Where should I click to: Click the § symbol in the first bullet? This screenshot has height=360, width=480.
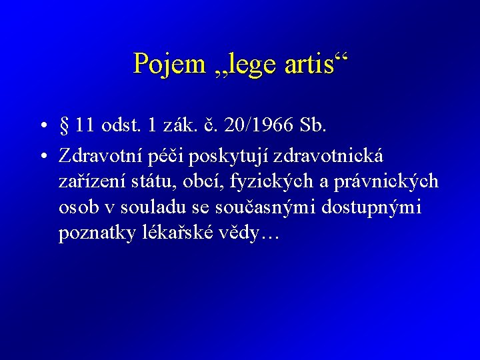(65, 125)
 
